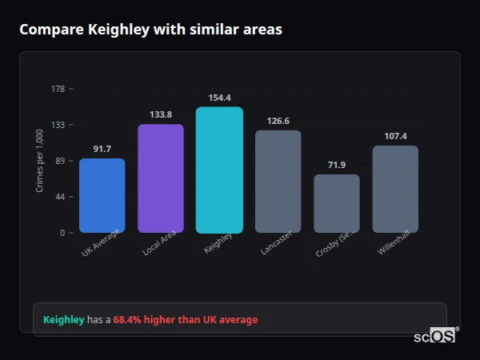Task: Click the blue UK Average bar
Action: [x=102, y=196]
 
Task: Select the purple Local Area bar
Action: [x=161, y=178]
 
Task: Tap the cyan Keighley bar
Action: [x=219, y=170]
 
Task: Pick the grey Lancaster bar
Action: [x=278, y=182]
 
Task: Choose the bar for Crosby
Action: [x=337, y=204]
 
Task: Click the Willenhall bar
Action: [x=395, y=190]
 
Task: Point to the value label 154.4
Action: [x=219, y=98]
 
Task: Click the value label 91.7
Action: [x=102, y=149]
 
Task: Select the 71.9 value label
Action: [x=337, y=165]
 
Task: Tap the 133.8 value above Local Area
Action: [x=161, y=114]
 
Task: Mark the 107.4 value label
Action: [x=395, y=136]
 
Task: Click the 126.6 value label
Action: [x=278, y=121]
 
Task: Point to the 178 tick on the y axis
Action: [x=58, y=89]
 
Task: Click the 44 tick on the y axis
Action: [x=60, y=197]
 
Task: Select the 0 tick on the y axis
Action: [x=62, y=233]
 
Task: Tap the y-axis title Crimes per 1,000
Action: [x=40, y=162]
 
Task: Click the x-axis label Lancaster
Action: [x=277, y=244]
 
